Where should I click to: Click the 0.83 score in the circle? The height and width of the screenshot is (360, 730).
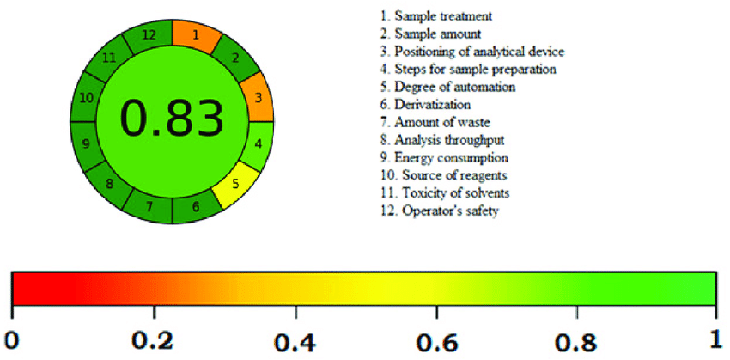(171, 119)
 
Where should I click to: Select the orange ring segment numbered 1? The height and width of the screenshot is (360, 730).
(196, 36)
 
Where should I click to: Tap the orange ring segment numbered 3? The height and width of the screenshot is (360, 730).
(258, 98)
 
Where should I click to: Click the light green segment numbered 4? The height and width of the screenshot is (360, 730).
(258, 143)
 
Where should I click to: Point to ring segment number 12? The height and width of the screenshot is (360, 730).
(149, 35)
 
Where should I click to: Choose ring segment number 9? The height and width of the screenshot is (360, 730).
(86, 143)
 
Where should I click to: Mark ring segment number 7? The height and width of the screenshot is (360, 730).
(149, 205)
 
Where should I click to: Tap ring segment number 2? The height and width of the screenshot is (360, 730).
(234, 58)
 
